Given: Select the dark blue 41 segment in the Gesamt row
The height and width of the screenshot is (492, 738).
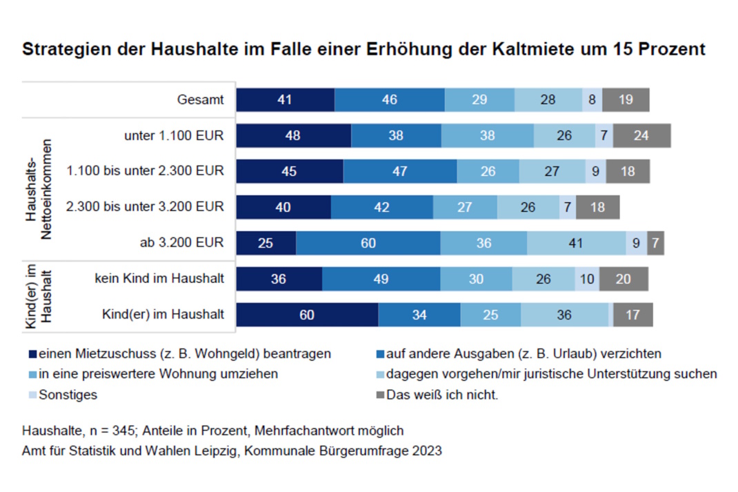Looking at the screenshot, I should coord(285,100).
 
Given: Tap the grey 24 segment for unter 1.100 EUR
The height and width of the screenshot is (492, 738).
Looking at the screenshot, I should coord(641,136).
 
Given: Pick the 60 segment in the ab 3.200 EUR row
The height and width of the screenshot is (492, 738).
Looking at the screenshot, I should coord(368,243).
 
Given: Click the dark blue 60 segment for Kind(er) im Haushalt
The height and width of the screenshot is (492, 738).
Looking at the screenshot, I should coord(307,315).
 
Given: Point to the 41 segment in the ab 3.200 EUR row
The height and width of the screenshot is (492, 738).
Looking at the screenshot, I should coord(576,243).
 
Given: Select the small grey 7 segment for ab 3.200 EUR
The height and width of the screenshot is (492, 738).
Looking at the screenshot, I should coord(655,243).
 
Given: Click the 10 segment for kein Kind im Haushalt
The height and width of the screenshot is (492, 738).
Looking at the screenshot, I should coord(587,279).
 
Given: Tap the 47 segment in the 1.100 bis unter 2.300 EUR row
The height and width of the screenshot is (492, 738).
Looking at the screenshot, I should coord(400,171).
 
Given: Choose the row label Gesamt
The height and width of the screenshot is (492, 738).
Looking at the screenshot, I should coord(200,100).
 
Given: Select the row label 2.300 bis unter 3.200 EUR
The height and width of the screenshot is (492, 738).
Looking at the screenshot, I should coord(145,207).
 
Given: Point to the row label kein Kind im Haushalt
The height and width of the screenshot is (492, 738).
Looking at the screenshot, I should coord(159,279).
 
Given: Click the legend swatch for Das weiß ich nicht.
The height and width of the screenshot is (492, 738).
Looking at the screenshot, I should coord(378,395).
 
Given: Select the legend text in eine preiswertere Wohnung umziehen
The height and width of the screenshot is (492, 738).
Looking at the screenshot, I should coord(158,375).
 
